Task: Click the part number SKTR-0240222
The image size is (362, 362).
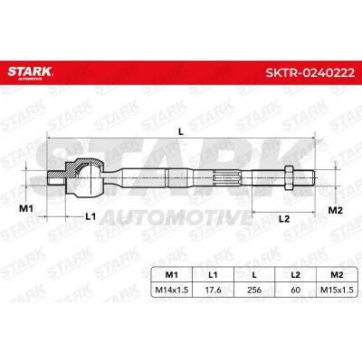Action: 310,72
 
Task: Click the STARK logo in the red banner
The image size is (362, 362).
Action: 30,72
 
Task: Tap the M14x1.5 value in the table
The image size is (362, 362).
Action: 172,290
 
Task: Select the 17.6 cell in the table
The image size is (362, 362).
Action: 213,290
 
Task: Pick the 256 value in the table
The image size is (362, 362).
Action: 254,290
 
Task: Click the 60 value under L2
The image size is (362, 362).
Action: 296,290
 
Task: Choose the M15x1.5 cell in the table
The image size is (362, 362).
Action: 337,290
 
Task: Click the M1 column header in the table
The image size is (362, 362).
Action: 172,275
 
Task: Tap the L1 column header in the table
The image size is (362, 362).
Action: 213,275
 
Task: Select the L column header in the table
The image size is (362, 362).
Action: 254,275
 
